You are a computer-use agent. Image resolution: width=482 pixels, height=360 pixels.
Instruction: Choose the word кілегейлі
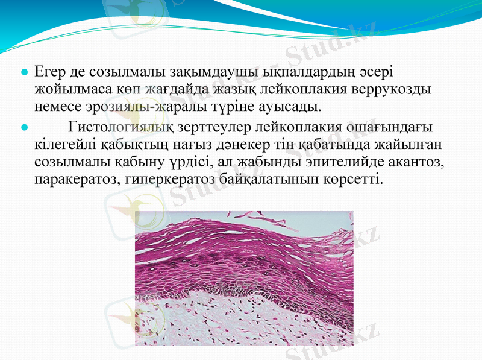point(64,145)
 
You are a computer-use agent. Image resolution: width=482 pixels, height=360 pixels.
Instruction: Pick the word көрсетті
point(354,179)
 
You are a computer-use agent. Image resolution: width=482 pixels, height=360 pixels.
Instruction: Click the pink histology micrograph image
point(244,277)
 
